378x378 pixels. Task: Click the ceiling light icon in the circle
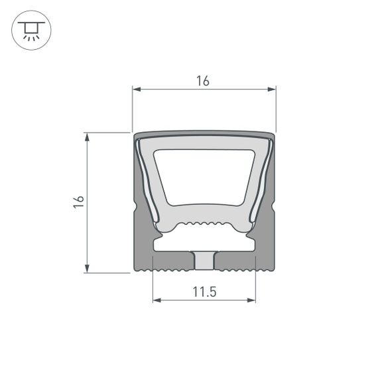(x=31, y=31)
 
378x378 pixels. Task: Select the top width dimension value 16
(x=203, y=81)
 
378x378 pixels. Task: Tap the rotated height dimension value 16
(x=79, y=202)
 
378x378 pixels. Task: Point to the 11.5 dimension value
(x=204, y=291)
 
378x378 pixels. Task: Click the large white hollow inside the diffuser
(x=204, y=176)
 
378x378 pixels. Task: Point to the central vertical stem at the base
(x=204, y=261)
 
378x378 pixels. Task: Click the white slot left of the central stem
(x=172, y=245)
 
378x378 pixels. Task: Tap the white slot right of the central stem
(x=235, y=245)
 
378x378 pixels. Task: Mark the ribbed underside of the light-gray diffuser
(x=204, y=224)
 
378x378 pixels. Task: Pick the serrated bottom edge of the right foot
(x=235, y=271)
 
